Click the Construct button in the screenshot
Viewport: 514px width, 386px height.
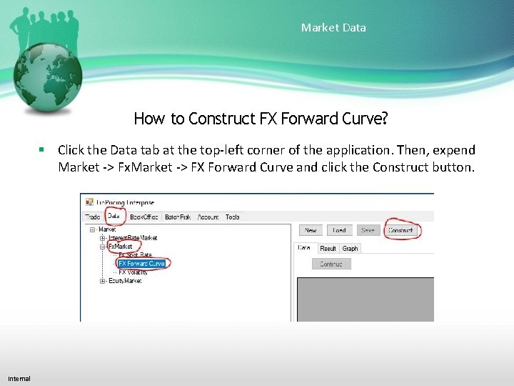pyautogui.click(x=401, y=230)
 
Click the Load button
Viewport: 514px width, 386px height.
pyautogui.click(x=339, y=230)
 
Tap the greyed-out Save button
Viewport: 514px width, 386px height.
pyautogui.click(x=368, y=230)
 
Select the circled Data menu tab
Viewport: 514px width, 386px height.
pyautogui.click(x=114, y=217)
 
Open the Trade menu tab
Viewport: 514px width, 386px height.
pyautogui.click(x=93, y=217)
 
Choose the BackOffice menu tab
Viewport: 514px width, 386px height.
pyautogui.click(x=143, y=217)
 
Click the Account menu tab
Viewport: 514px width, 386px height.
pyautogui.click(x=208, y=217)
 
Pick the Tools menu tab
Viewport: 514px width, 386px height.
pyautogui.click(x=233, y=217)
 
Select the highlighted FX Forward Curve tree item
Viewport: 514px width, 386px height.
pyautogui.click(x=141, y=264)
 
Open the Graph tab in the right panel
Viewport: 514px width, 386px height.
pyautogui.click(x=350, y=249)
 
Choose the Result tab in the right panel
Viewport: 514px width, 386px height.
pyautogui.click(x=328, y=249)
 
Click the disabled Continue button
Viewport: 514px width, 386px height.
pyautogui.click(x=331, y=264)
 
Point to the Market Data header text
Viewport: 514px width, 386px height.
pyautogui.click(x=333, y=28)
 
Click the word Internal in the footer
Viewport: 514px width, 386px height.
pyautogui.click(x=19, y=378)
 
